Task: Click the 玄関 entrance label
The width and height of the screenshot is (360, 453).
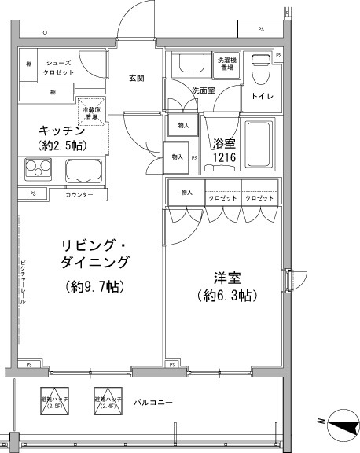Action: pos(136,78)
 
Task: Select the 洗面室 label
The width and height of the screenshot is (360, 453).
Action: pos(204,90)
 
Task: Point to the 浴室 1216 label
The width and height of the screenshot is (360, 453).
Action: pos(224,149)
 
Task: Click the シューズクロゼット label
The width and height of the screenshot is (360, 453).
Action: pos(60,68)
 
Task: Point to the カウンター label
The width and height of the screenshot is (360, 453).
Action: pos(79,194)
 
